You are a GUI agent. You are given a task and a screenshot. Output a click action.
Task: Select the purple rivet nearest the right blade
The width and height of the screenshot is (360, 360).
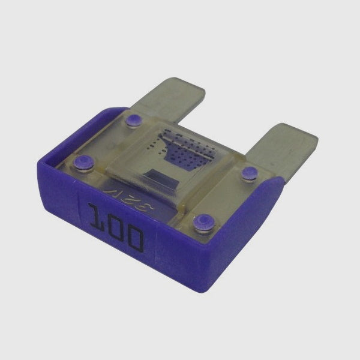tap(248, 174)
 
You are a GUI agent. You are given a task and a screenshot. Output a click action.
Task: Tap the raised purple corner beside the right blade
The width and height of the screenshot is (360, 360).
tap(276, 186)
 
